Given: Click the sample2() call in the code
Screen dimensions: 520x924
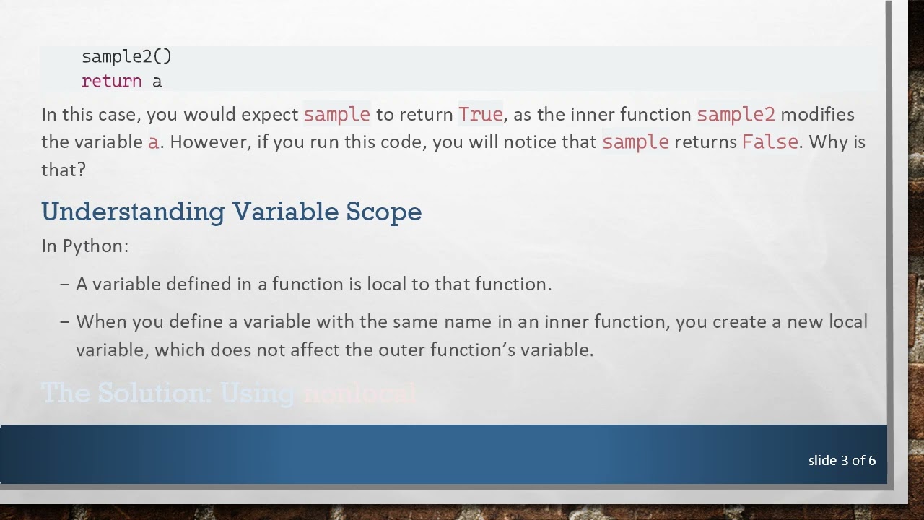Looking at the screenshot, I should (127, 56).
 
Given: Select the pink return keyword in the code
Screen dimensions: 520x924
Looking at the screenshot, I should (111, 81).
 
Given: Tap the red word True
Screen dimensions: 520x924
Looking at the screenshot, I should (480, 115).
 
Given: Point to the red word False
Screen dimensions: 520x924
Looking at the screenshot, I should (770, 142).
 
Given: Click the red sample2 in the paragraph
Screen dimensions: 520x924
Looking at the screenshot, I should (736, 115).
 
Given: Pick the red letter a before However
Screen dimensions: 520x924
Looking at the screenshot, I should (153, 142).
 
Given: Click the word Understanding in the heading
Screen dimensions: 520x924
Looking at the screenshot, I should (133, 212).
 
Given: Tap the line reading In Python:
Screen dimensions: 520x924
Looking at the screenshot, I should (85, 246).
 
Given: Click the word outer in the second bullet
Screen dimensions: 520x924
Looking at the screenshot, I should (401, 350).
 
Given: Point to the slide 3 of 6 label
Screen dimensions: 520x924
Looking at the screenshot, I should (842, 460).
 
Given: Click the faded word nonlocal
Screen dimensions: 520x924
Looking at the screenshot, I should (359, 393).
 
